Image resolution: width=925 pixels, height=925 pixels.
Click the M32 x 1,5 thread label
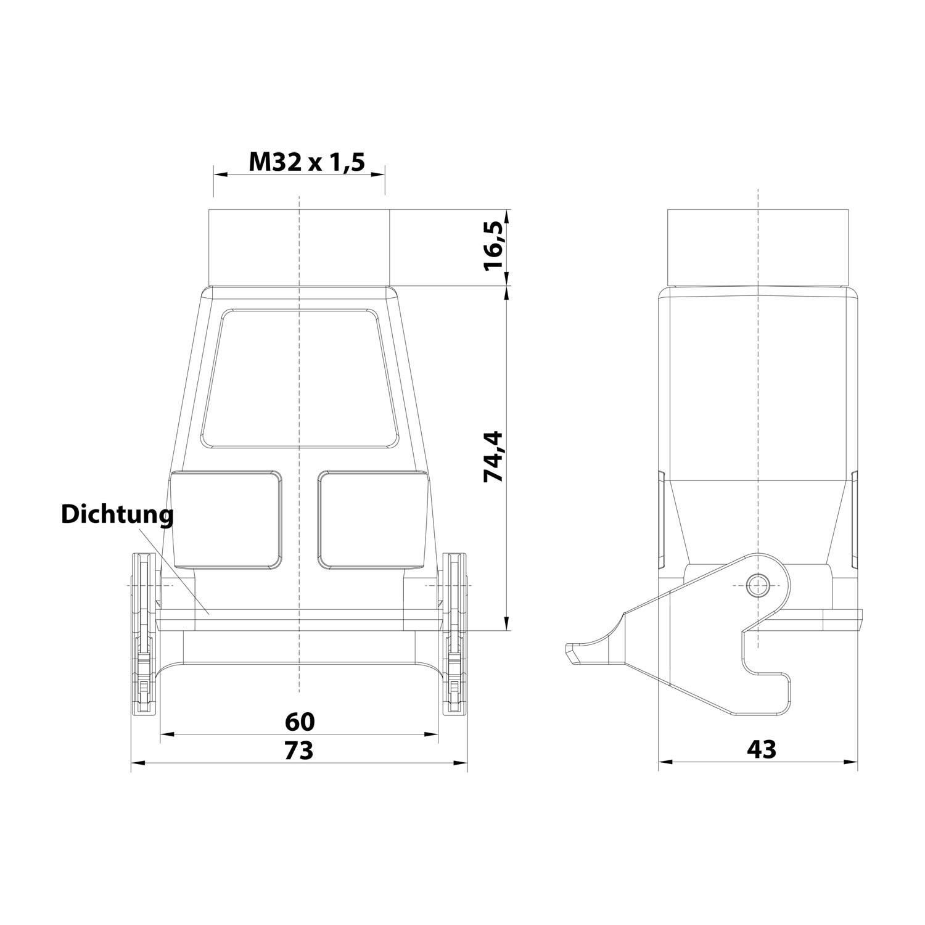306,162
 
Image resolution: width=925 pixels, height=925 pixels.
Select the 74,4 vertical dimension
494,456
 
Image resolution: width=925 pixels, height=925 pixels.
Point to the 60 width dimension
300,720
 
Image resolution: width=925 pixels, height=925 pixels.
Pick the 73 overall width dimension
300,750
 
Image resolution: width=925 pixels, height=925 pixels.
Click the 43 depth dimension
762,749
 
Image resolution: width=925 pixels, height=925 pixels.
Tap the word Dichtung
117,514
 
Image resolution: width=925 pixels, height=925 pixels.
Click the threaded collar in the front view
299,247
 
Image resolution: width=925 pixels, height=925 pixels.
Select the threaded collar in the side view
757,247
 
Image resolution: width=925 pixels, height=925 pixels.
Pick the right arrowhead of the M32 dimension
379,175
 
